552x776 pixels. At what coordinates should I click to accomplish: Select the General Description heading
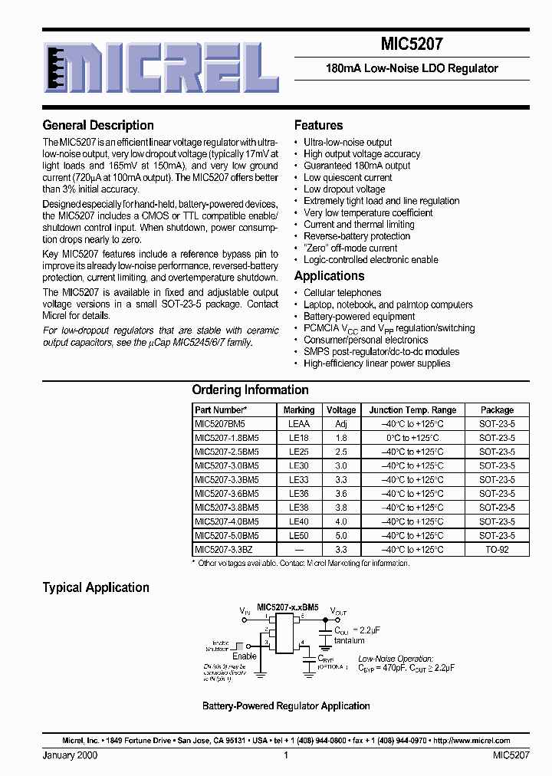(x=98, y=125)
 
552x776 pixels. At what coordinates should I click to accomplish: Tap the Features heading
(x=318, y=125)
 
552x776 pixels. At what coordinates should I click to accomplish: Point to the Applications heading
(x=329, y=276)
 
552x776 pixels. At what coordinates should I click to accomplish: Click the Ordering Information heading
(x=250, y=390)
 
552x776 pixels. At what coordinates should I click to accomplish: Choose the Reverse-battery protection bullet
(x=357, y=236)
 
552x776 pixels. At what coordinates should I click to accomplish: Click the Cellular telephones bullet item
(x=342, y=293)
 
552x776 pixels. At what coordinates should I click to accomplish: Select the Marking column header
(x=298, y=410)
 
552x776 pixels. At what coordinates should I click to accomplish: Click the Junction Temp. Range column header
(x=412, y=410)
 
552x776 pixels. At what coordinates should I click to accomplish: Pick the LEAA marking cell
(x=298, y=423)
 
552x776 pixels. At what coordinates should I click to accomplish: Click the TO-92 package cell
(x=497, y=550)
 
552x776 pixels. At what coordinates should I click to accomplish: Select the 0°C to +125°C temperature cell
(x=412, y=437)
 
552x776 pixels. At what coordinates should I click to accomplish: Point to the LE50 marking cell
(x=298, y=536)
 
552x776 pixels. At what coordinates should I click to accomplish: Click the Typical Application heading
(x=96, y=587)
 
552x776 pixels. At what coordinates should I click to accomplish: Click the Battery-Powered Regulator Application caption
(x=286, y=705)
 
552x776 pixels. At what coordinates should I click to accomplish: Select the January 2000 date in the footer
(x=70, y=755)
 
